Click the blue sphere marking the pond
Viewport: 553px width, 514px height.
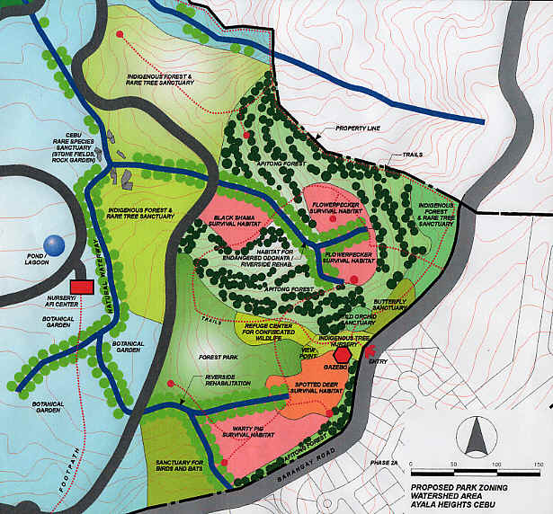(x=56, y=244)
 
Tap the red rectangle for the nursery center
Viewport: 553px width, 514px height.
(x=82, y=286)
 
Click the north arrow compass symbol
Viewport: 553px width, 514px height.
(x=473, y=438)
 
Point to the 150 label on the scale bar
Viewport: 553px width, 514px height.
(x=537, y=465)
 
